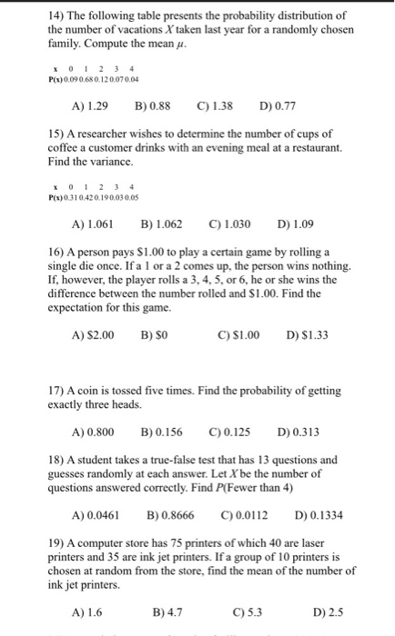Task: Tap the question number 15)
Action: click(x=56, y=134)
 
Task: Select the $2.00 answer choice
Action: click(x=94, y=334)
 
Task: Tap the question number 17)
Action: click(x=56, y=391)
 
